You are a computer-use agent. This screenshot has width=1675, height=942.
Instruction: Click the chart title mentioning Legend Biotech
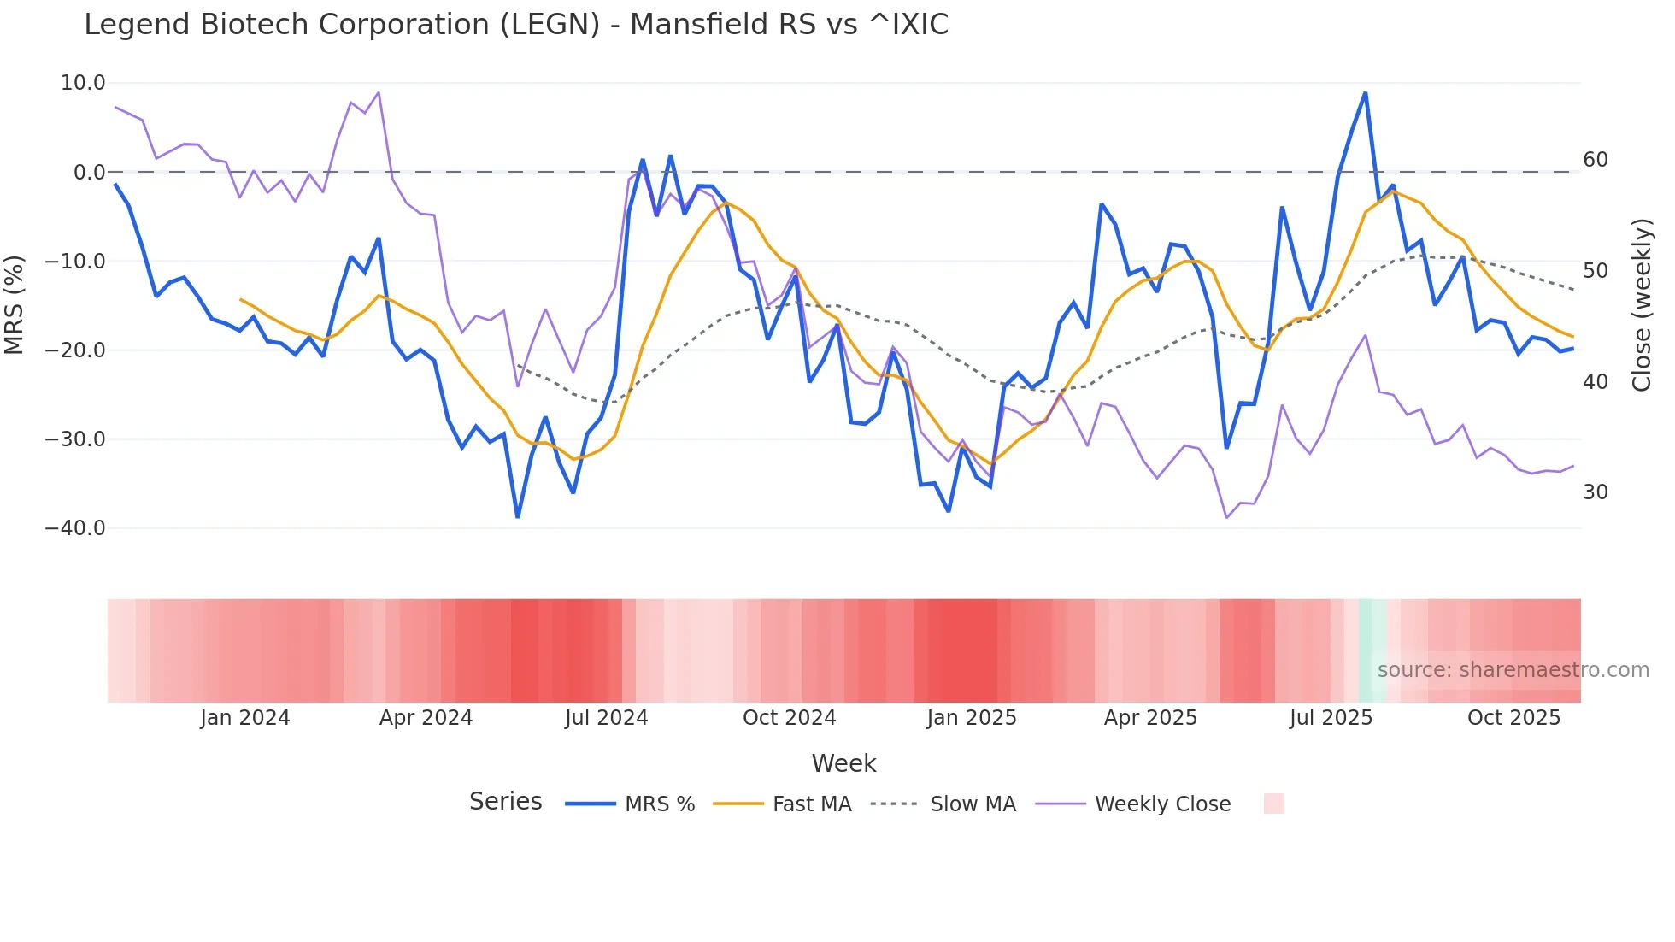[516, 25]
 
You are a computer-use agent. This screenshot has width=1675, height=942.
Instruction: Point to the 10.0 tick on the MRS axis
[83, 83]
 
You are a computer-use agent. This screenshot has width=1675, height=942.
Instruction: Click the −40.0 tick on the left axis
[75, 528]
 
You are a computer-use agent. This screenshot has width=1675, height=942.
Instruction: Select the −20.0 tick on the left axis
[75, 350]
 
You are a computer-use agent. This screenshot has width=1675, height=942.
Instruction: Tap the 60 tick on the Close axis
[1595, 160]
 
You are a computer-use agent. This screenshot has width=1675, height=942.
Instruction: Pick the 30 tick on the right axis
[1595, 492]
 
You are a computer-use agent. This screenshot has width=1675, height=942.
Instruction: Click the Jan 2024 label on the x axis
[245, 718]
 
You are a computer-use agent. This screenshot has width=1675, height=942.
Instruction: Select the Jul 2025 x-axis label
[1331, 718]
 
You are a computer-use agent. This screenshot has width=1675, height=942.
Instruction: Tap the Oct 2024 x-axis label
[789, 718]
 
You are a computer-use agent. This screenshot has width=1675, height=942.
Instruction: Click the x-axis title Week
[843, 763]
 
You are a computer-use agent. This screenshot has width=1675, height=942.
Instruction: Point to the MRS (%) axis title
[15, 305]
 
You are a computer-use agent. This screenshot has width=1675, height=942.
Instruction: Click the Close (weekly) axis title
[1642, 305]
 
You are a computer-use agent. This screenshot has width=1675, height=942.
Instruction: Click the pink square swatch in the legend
[1273, 804]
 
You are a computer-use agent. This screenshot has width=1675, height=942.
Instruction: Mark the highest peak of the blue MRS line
[1365, 93]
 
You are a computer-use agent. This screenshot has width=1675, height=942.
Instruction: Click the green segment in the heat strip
[1372, 651]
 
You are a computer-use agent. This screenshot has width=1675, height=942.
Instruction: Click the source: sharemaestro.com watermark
[1513, 670]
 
